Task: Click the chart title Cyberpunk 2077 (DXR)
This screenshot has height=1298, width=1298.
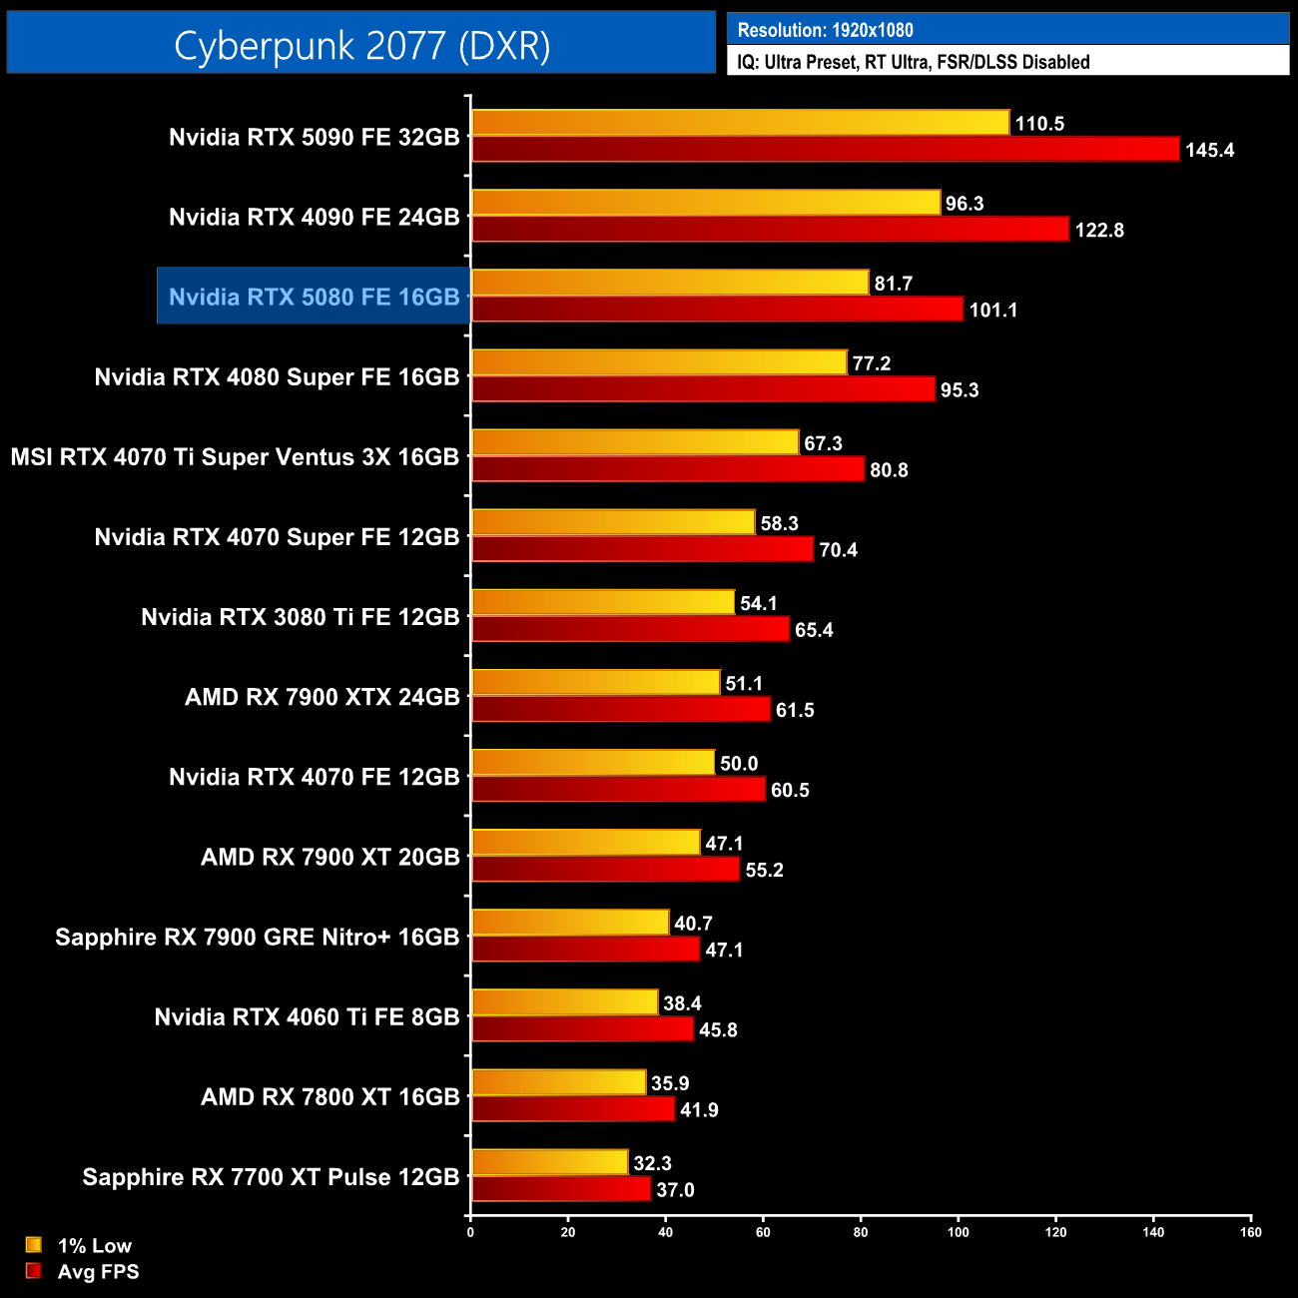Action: pyautogui.click(x=361, y=45)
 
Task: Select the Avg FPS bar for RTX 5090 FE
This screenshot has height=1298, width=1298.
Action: pyautogui.click(x=825, y=150)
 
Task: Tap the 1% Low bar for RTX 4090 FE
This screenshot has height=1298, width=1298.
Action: pyautogui.click(x=706, y=203)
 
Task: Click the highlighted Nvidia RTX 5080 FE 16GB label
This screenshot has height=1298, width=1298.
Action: pyautogui.click(x=314, y=297)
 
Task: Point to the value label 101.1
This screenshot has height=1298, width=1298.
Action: pyautogui.click(x=992, y=311)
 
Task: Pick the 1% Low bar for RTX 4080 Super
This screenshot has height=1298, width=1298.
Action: pyautogui.click(x=659, y=362)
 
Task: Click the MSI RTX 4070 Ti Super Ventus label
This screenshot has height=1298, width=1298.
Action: pyautogui.click(x=235, y=457)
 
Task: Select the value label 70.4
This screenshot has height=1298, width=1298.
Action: pyautogui.click(x=838, y=550)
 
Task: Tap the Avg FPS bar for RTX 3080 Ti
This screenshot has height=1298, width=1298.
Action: pyautogui.click(x=630, y=629)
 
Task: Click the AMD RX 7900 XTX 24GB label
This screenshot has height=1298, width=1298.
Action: pyautogui.click(x=322, y=697)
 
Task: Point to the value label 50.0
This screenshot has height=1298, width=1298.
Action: pyautogui.click(x=739, y=764)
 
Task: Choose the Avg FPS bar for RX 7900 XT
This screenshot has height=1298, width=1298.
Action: pyautogui.click(x=605, y=870)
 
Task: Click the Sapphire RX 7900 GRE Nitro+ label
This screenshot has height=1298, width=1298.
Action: pyautogui.click(x=257, y=937)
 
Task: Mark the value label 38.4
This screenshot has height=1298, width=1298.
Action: pyautogui.click(x=682, y=1003)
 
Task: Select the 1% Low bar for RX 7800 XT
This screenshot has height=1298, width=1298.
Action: pyautogui.click(x=558, y=1082)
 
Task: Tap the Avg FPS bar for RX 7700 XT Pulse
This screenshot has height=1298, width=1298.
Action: pyautogui.click(x=560, y=1189)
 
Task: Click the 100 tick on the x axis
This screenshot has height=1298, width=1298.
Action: pyautogui.click(x=958, y=1232)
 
